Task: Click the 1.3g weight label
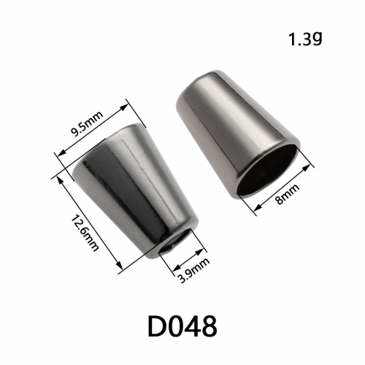(x=305, y=39)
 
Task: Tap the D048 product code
(x=182, y=326)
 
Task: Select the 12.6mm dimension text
(x=85, y=233)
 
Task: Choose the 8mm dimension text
(x=288, y=194)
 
